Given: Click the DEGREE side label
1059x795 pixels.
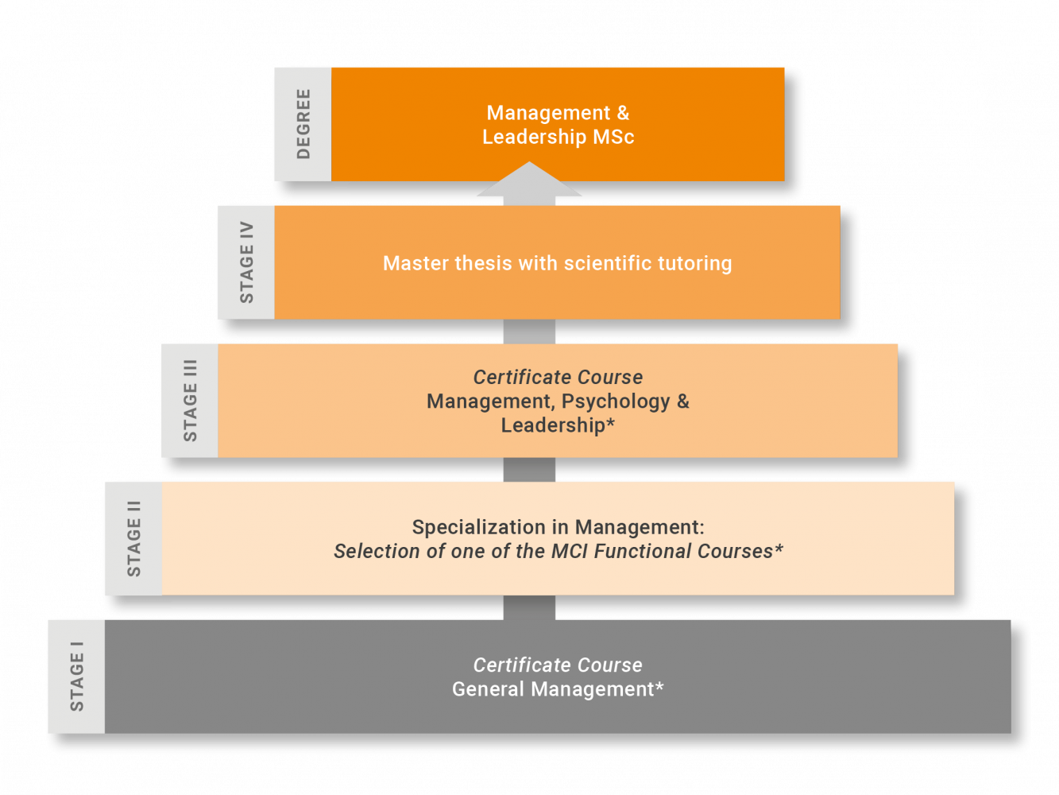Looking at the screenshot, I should [x=303, y=124].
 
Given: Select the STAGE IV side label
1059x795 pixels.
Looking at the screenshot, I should [x=246, y=262].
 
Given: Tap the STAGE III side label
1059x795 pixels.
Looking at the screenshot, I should [x=190, y=401].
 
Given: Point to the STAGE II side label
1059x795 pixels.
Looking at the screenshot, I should [x=133, y=538].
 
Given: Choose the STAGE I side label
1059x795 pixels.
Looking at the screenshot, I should [x=76, y=677].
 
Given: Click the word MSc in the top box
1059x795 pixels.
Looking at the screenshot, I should [x=613, y=138].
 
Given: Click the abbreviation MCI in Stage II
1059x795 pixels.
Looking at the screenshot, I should [x=570, y=551].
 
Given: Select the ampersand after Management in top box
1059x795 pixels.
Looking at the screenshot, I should [x=623, y=113].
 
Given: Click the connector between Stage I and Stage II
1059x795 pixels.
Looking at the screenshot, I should [x=529, y=607].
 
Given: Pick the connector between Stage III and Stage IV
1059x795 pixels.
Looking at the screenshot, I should [x=529, y=332].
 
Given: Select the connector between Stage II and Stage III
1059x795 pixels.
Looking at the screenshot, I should [x=529, y=469].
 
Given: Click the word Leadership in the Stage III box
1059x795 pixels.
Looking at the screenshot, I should [x=552, y=425].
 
